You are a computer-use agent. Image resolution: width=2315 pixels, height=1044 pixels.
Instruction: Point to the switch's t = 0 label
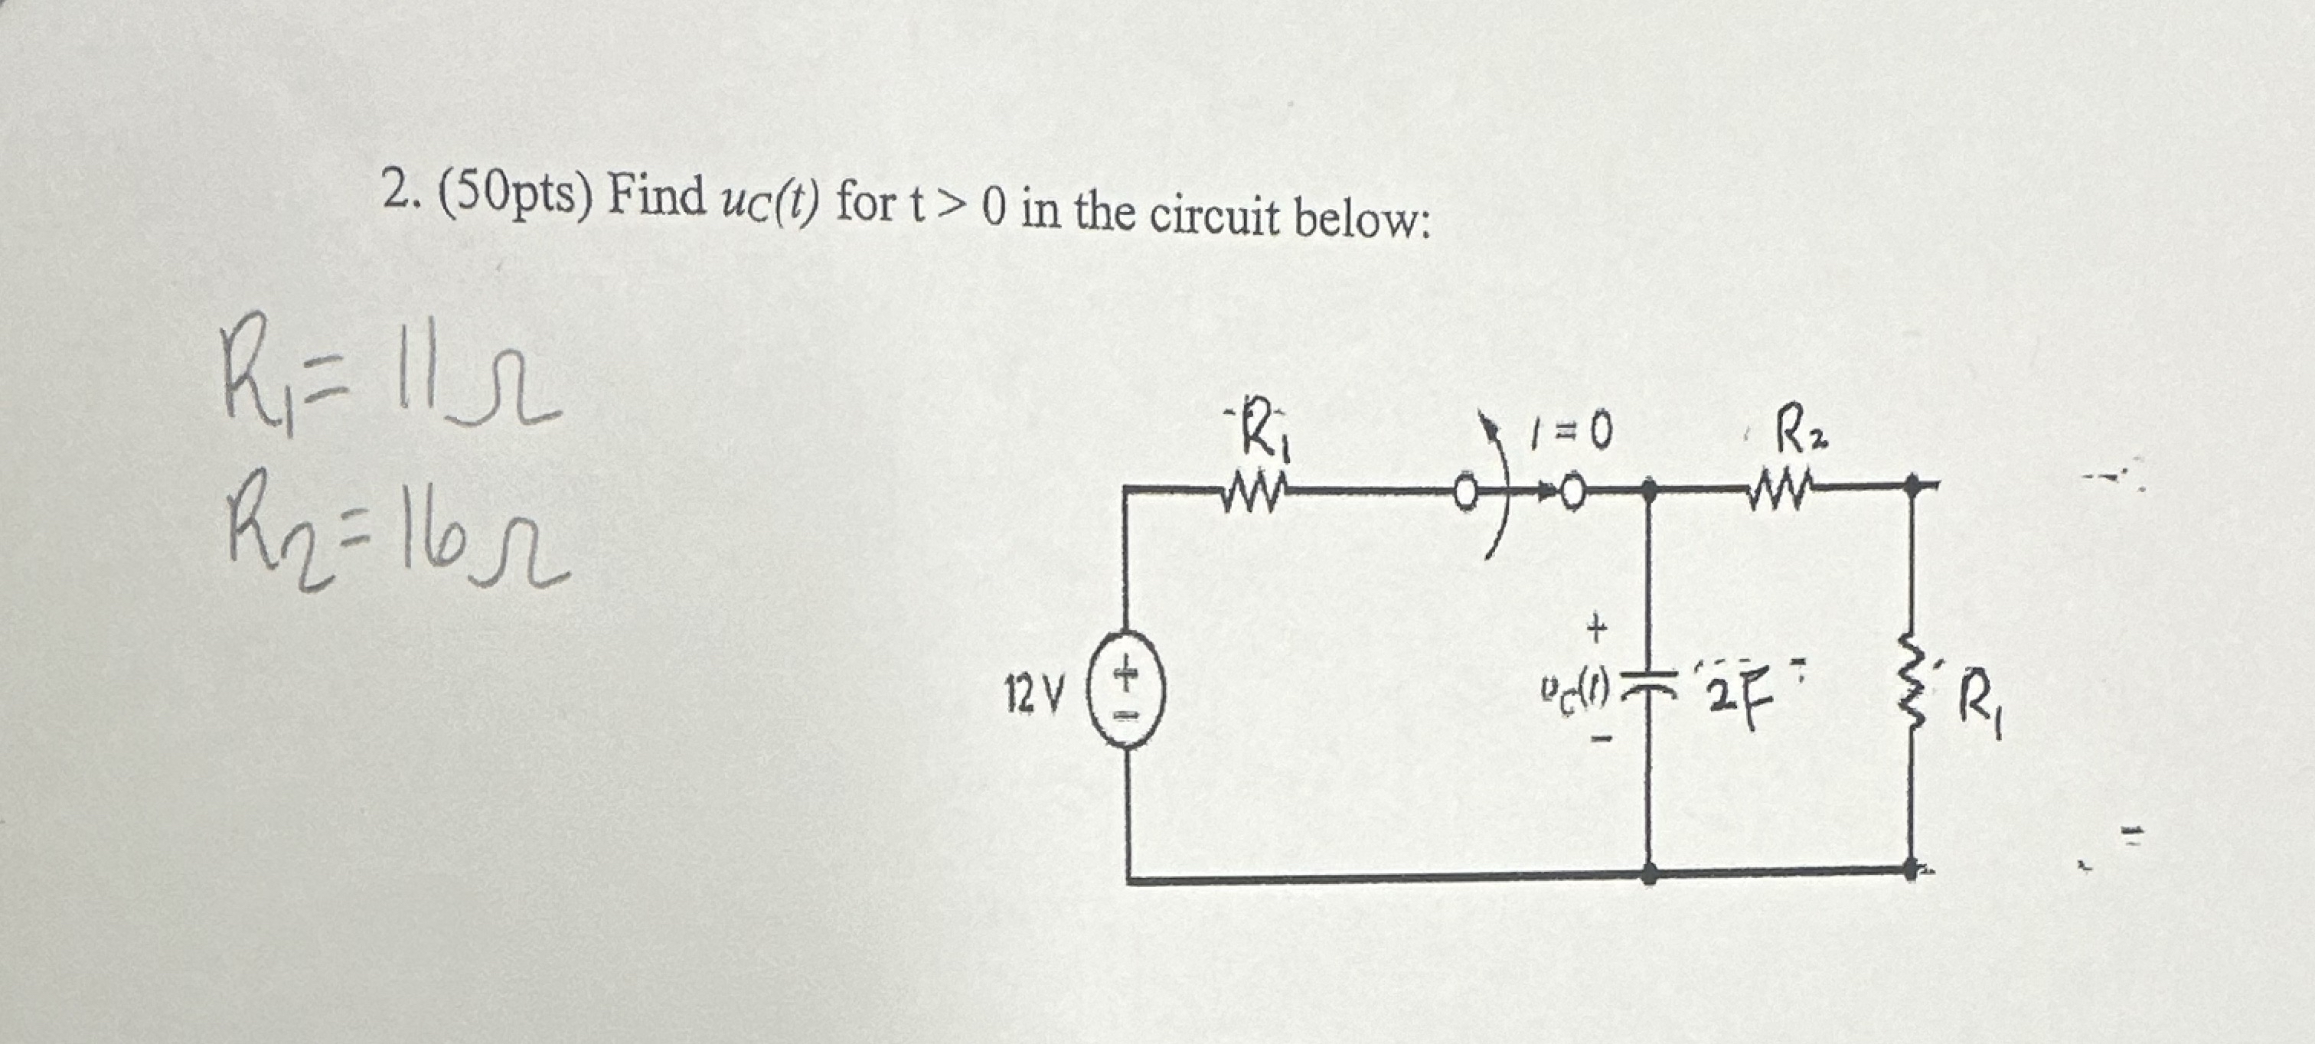pos(1572,435)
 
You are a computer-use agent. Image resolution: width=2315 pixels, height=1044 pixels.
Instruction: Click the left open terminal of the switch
pos(1466,492)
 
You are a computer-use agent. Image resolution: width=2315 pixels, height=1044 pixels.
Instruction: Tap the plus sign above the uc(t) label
pos(1595,629)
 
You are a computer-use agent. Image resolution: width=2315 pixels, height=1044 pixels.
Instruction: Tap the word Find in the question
pos(656,197)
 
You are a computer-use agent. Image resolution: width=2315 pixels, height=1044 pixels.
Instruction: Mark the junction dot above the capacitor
pos(1648,490)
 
